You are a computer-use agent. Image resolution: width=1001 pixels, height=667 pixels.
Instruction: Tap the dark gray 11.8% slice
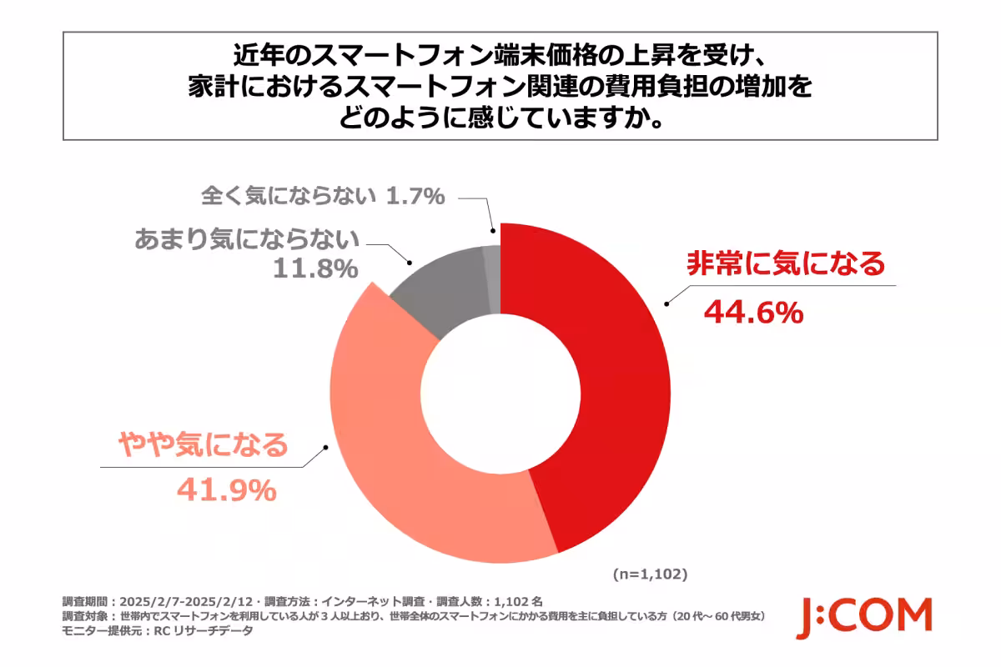click(442, 288)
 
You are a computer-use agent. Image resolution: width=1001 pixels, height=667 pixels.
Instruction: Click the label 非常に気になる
click(785, 264)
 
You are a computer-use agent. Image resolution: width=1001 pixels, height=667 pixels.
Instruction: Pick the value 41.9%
click(225, 491)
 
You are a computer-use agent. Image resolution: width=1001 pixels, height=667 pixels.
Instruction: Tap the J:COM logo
click(863, 618)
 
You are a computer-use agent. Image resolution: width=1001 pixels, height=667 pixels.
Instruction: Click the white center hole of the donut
click(500, 392)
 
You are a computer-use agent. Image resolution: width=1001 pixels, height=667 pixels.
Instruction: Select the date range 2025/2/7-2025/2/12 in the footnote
click(185, 600)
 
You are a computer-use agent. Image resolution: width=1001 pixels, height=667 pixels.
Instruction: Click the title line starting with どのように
click(500, 118)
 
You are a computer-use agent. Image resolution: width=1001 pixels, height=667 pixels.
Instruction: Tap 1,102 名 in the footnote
click(520, 600)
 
